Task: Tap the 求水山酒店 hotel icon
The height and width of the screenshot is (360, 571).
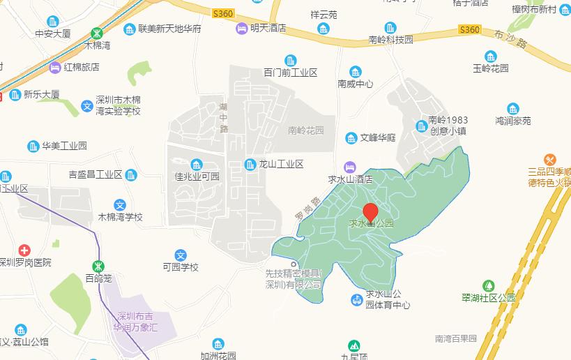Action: (x=351, y=166)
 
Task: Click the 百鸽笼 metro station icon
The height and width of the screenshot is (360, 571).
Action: (x=98, y=265)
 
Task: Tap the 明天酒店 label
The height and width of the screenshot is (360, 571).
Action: (x=268, y=29)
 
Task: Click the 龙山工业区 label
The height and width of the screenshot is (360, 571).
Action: (x=281, y=165)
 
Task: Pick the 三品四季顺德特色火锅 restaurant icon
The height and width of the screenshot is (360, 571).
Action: (x=549, y=160)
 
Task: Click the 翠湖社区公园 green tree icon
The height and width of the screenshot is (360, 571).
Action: (x=489, y=285)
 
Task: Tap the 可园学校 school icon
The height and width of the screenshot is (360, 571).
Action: (x=181, y=255)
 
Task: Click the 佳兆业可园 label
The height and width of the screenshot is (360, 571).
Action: (x=196, y=177)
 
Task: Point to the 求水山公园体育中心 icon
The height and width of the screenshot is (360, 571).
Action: (x=356, y=301)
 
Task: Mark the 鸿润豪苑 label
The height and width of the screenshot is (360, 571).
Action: (x=512, y=121)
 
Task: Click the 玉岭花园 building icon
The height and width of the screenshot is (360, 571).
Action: (x=491, y=57)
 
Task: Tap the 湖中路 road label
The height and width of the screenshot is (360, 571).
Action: (x=224, y=116)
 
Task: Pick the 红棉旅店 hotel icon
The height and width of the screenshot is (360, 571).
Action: (x=54, y=68)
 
